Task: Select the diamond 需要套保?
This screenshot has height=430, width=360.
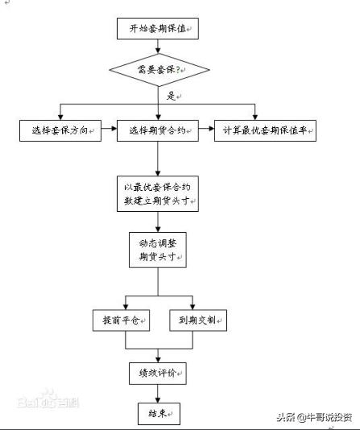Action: tap(157, 70)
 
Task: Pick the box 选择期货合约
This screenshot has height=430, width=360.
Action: tap(157, 130)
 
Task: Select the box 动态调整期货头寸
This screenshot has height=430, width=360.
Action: tap(157, 250)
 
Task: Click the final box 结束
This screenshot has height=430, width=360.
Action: tap(157, 414)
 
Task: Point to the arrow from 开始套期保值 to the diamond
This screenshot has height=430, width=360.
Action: tap(157, 48)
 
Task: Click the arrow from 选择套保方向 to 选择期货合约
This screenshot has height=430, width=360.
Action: tap(110, 130)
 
